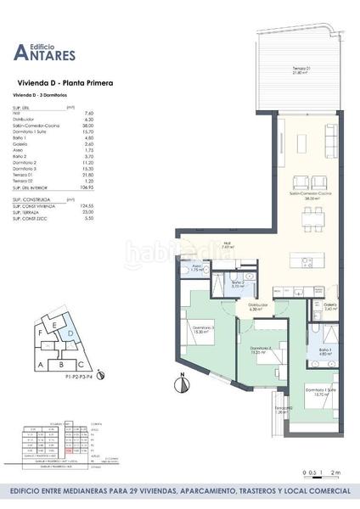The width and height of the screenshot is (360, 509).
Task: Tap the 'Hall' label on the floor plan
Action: point(227,246)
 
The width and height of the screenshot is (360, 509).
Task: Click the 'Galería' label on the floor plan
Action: point(330,306)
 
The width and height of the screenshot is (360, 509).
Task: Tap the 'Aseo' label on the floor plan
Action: point(195,267)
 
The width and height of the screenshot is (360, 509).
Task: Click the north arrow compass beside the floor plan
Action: point(181,384)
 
